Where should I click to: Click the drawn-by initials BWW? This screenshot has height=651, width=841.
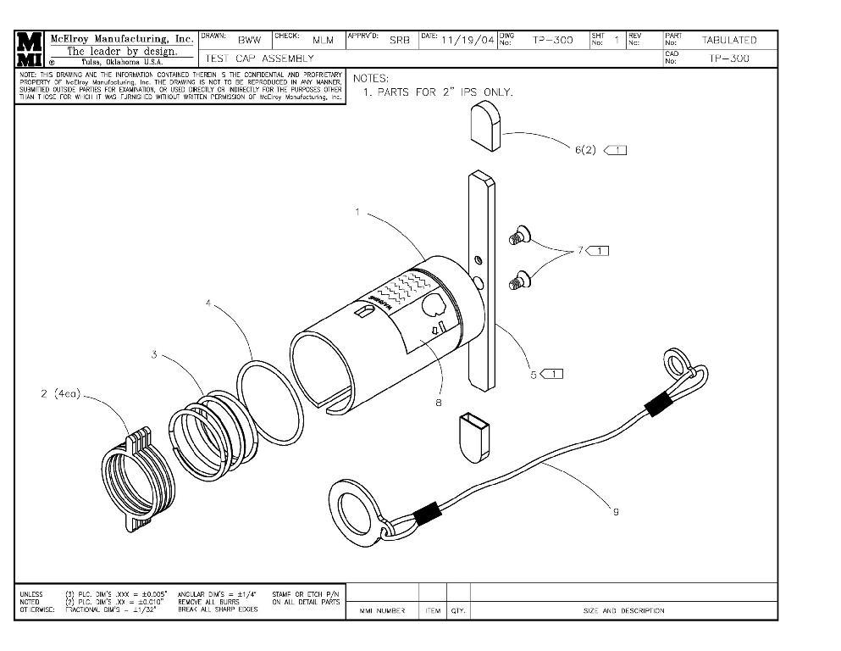(249, 40)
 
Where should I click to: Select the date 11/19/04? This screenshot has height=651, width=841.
(467, 41)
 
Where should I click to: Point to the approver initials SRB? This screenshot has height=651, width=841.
(400, 40)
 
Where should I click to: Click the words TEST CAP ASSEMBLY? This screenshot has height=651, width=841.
(259, 58)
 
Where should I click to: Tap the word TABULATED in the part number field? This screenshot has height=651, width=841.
(728, 40)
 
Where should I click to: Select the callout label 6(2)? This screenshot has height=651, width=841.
(585, 150)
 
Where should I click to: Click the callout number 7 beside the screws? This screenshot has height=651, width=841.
(581, 250)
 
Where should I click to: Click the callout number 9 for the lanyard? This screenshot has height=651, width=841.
(616, 510)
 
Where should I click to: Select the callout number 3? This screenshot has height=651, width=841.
(154, 354)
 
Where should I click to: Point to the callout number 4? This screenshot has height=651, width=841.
(208, 303)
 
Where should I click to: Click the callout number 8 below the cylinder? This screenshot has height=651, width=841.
(438, 403)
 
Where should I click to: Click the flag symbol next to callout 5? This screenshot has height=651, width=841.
(551, 374)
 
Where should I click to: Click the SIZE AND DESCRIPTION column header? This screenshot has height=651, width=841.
(622, 610)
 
